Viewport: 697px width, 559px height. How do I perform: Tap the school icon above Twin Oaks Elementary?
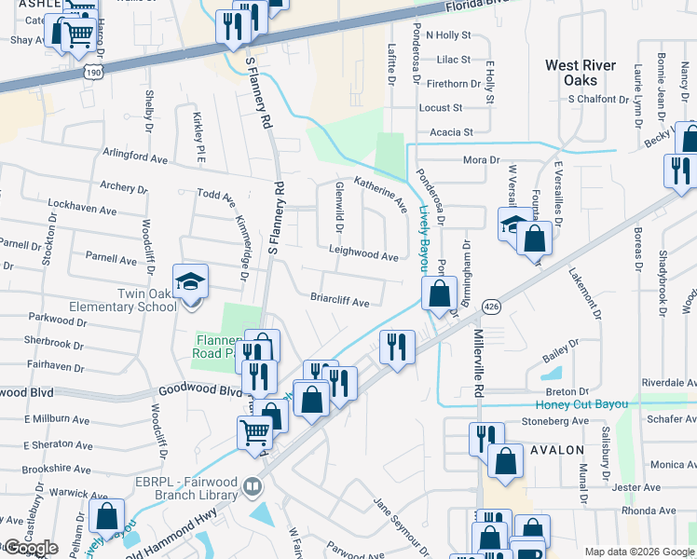point(190,281)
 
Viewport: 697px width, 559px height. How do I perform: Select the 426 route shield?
point(493,307)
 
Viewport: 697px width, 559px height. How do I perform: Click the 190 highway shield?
point(92,71)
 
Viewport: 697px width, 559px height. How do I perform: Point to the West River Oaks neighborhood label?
point(581,73)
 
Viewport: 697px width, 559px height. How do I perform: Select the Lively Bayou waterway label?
point(422,239)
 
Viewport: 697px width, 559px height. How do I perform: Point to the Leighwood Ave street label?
point(363,253)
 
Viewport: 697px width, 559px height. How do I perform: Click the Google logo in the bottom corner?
point(30,548)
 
